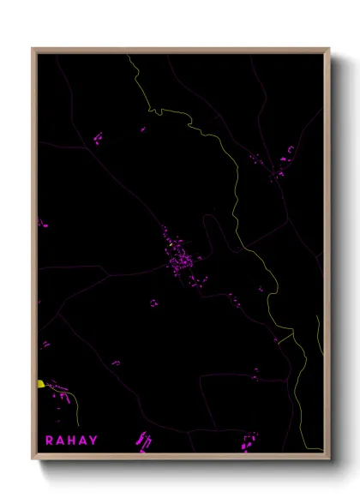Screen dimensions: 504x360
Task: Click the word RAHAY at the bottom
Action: [72, 441]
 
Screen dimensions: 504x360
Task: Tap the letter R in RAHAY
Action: [51, 441]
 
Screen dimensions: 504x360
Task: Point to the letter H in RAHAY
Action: [73, 441]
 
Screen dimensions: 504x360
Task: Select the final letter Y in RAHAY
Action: [93, 441]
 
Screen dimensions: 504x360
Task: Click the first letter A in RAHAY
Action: [62, 441]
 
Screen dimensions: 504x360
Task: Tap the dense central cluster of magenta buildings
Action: [181, 254]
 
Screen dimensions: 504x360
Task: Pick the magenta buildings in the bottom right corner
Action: [249, 443]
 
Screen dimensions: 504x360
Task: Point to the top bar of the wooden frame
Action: [180, 50]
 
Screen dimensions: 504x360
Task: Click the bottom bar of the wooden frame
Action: [180, 454]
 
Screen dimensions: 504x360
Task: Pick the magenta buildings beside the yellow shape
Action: [60, 393]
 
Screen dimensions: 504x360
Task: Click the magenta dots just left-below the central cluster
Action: [154, 303]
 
